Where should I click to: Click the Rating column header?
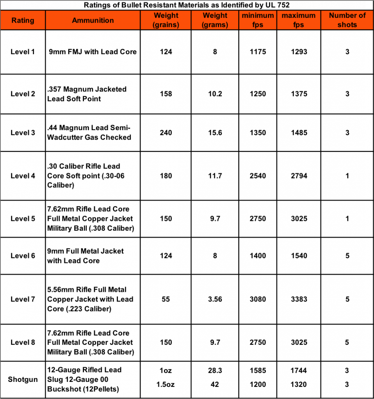coord(23,20)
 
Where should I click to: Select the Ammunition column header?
coord(93,20)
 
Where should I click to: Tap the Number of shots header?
coord(347,20)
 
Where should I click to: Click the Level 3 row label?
coord(23,132)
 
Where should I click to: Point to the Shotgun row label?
coord(23,379)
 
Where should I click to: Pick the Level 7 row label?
coord(23,299)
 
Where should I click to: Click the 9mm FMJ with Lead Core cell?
coord(93,51)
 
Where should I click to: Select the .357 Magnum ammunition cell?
coord(87,94)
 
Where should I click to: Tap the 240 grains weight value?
coord(166,132)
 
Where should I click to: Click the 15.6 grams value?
coord(215,132)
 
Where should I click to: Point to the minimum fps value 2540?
coord(258,176)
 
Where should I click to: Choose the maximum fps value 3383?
coord(299,299)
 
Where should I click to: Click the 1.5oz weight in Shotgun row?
coord(166,384)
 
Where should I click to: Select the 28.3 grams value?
coord(215,371)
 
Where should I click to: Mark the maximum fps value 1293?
coord(299,51)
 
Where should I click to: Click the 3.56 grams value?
coord(215,299)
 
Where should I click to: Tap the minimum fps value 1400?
coord(258,256)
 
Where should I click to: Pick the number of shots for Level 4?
coord(347,176)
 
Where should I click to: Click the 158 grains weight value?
coord(166,94)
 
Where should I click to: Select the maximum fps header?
coord(299,20)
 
